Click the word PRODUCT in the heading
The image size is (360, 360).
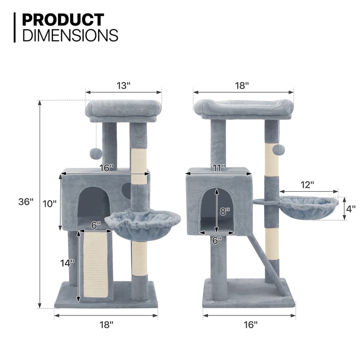(63, 20)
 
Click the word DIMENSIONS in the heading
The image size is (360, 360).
(70, 35)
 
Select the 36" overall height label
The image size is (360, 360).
(26, 202)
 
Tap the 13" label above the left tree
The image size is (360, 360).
(122, 85)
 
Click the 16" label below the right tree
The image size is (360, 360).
(249, 324)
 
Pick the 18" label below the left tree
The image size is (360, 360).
(106, 324)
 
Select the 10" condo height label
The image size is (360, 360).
(49, 203)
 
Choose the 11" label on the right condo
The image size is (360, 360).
(220, 168)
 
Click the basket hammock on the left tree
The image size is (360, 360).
(142, 223)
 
